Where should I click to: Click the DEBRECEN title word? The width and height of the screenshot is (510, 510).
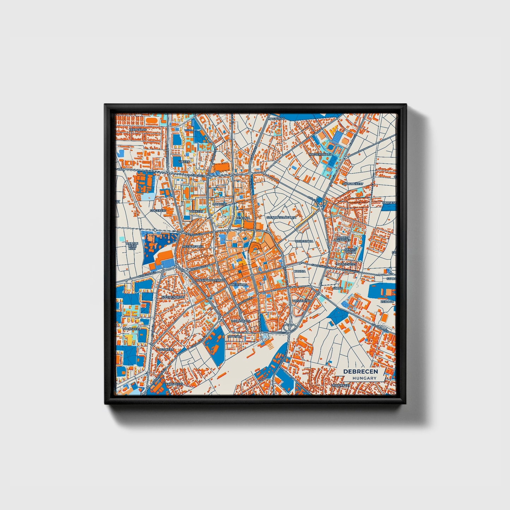(x=360, y=371)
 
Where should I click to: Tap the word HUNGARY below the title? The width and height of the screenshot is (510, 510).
(x=364, y=378)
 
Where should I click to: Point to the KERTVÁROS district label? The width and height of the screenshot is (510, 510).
(x=138, y=130)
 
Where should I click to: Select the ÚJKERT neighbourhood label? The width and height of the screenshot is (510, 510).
(x=184, y=161)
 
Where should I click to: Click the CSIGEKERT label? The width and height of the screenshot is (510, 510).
(x=158, y=210)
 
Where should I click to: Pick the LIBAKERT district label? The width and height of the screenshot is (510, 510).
(x=220, y=204)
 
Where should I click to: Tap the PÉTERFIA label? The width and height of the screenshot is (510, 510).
(x=242, y=218)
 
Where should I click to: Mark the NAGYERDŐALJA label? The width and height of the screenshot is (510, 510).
(x=320, y=155)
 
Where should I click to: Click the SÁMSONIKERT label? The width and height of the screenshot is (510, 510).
(x=353, y=184)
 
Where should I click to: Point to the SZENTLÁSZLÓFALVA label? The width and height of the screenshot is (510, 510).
(x=281, y=217)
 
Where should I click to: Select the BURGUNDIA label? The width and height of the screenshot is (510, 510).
(x=304, y=242)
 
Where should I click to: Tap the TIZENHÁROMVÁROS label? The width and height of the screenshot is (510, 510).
(x=210, y=280)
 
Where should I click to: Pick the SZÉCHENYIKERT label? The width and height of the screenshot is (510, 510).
(x=173, y=297)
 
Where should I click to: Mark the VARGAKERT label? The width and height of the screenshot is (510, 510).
(x=174, y=384)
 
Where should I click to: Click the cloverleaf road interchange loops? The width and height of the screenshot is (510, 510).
(x=289, y=328)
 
